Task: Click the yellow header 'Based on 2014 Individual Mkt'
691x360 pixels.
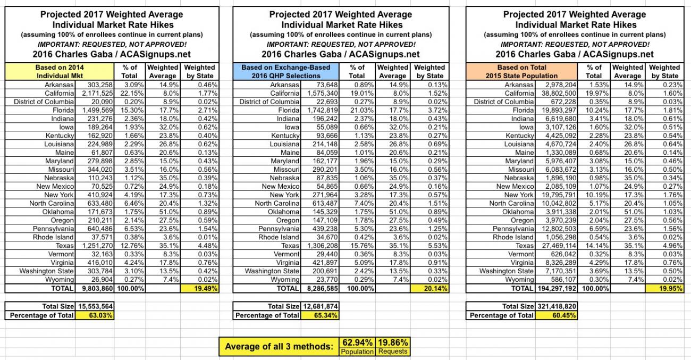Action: coord(60,71)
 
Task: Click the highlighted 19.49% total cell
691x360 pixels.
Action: coord(200,289)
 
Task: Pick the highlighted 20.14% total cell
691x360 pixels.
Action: coord(429,289)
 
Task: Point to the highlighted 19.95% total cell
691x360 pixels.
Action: coord(664,289)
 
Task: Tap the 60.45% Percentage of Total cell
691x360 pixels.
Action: coord(555,315)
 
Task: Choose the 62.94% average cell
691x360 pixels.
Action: coord(357,342)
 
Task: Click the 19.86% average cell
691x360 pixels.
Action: coord(392,342)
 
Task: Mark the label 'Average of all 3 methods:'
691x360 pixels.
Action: coord(279,347)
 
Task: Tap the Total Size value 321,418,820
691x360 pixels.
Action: coord(556,306)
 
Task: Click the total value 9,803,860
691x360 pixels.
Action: coord(96,289)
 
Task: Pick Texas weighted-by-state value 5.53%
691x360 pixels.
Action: coord(435,246)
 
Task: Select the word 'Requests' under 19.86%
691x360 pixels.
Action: coord(392,351)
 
